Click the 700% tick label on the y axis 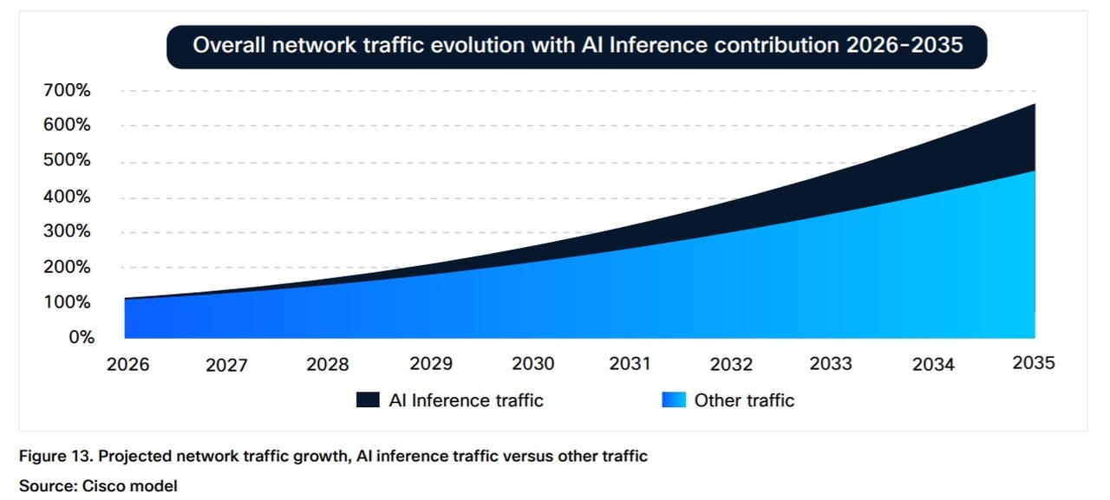67,90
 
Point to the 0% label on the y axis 82,337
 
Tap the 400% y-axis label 67,197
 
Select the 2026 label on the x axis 127,364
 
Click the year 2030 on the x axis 532,363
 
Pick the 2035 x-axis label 1034,363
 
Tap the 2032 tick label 731,364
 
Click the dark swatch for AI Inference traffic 368,400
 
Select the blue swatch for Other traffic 674,400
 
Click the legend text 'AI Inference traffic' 466,400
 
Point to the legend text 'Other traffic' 744,400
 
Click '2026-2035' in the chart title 904,45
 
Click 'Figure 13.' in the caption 56,456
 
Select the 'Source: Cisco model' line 98,486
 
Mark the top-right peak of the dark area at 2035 1035,104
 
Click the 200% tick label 67,267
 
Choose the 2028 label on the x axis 328,364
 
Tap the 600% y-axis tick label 67,124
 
